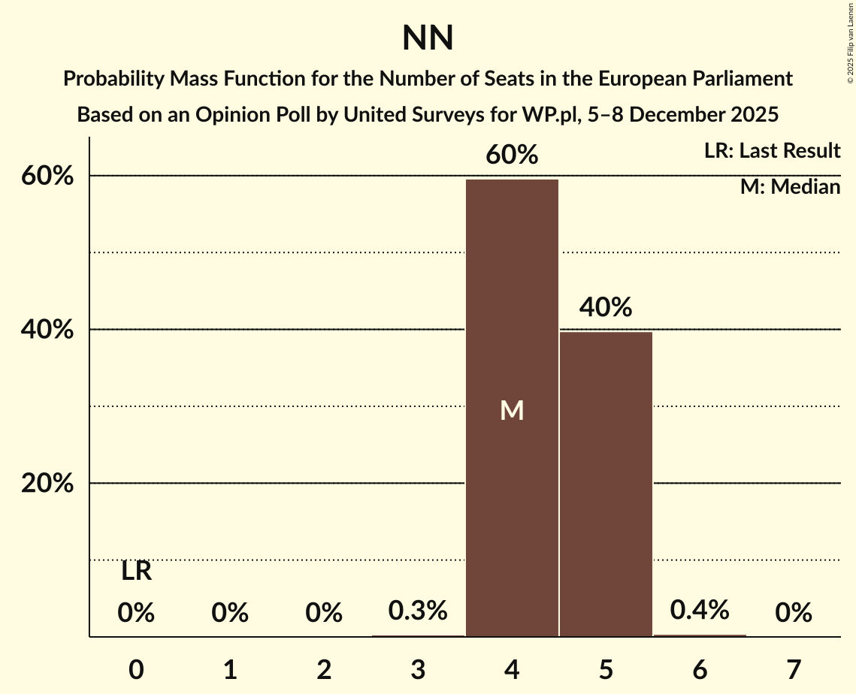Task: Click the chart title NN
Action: (428, 38)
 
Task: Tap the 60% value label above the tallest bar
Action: (512, 155)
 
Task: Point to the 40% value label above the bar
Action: (606, 307)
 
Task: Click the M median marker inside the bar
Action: (512, 410)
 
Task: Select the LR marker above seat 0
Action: (136, 572)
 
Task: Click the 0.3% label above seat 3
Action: (418, 611)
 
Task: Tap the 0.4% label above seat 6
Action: (700, 610)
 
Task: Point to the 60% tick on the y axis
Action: (47, 177)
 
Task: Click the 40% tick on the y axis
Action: (47, 330)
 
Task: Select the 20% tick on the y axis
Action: (47, 484)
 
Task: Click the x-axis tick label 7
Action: (794, 669)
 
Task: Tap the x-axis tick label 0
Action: (136, 669)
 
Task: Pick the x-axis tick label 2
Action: (324, 669)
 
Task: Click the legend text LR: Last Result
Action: (772, 151)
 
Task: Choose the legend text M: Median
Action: (790, 187)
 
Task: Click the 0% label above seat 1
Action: (230, 614)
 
